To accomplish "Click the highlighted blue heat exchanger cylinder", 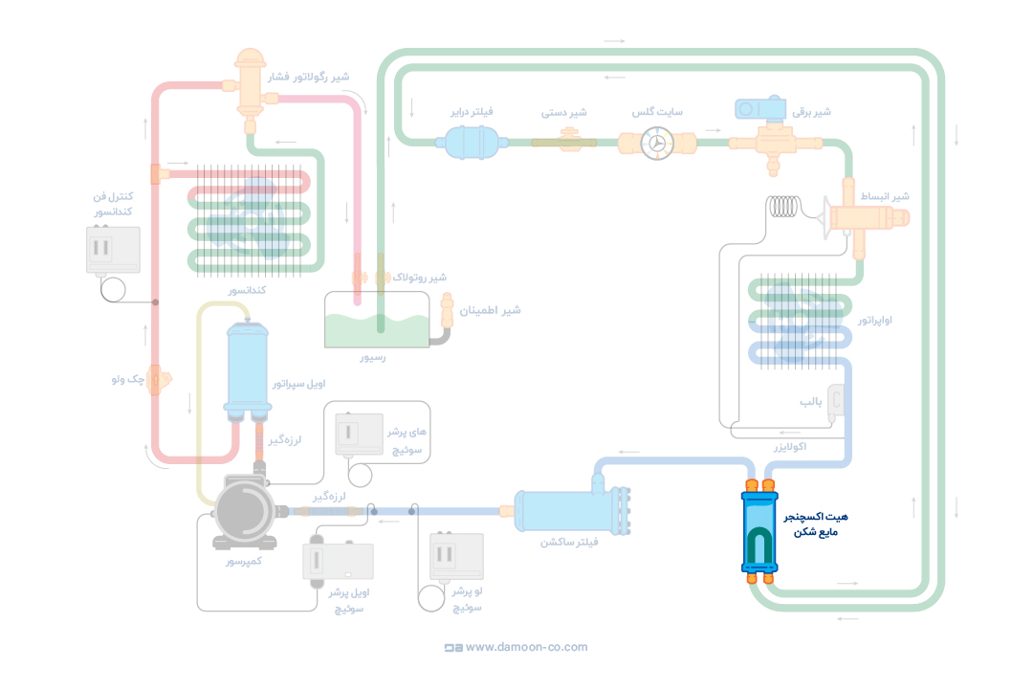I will click(759, 532).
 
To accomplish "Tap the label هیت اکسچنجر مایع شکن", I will click(815, 523).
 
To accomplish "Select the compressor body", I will click(245, 510).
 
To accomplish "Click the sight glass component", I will click(657, 143).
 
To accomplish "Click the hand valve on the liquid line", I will click(564, 142).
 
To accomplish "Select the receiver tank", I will click(377, 321).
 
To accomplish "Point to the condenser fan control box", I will click(113, 250).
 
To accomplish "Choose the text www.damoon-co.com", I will click(526, 647).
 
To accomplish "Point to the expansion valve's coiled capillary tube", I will click(786, 207).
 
